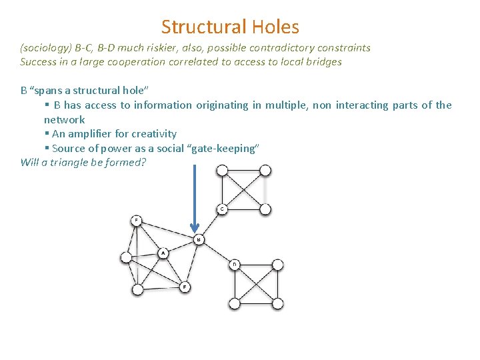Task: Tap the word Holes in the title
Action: point(275,27)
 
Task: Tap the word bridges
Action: point(322,62)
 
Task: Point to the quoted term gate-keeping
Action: point(225,149)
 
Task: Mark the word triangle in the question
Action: point(65,163)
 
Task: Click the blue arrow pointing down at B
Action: point(194,197)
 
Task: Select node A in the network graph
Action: point(162,253)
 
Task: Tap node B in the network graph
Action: point(198,239)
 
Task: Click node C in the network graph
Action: point(221,209)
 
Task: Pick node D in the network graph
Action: point(234,265)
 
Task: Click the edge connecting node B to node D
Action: point(216,252)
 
